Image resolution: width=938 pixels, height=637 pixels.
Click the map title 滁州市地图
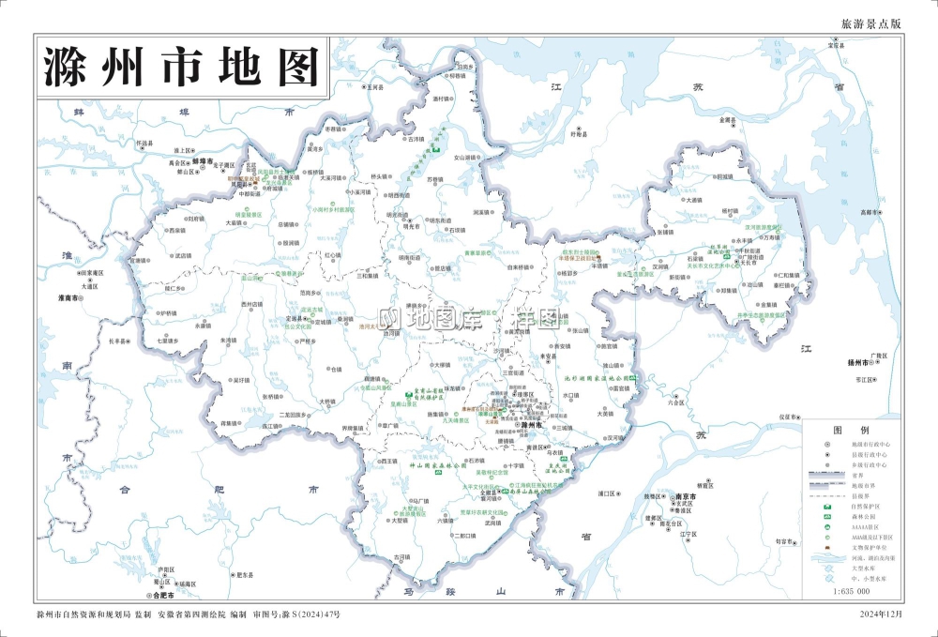[x=182, y=67]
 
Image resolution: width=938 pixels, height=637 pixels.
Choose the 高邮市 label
[x=872, y=212]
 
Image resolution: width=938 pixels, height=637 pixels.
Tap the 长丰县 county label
[x=117, y=341]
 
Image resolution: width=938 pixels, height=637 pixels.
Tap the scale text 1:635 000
[x=851, y=592]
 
